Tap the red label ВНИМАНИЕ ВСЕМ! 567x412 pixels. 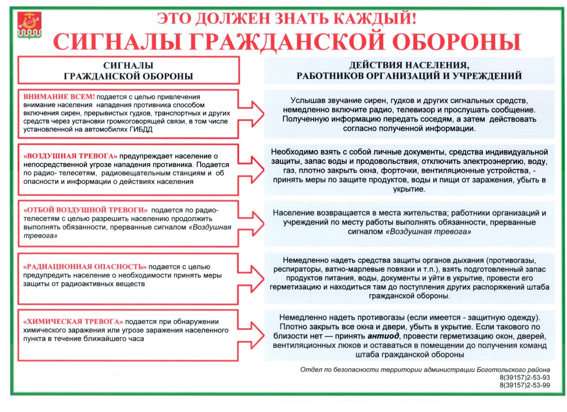click(59, 97)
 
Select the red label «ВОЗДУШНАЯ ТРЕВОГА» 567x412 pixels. click(70, 156)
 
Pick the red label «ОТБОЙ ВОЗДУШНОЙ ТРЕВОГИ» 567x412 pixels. click(85, 210)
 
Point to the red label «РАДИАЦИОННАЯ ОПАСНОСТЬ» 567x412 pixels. click(85, 267)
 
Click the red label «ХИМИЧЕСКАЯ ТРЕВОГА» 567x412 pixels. click(73, 322)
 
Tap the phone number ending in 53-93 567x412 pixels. click(524, 377)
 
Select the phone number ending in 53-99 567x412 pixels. click(524, 385)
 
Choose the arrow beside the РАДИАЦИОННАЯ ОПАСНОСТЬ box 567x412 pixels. click(251, 278)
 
